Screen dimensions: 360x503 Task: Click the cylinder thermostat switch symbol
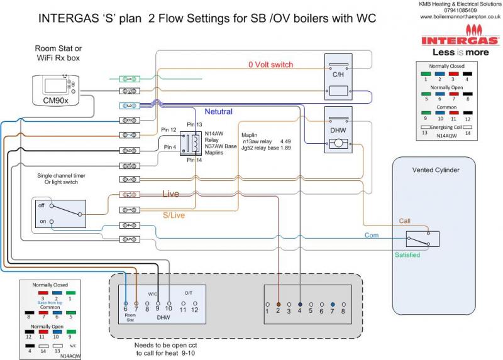coord(422,239)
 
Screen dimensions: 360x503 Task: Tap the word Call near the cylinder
coord(406,221)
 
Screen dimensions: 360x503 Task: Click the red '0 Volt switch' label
coord(270,65)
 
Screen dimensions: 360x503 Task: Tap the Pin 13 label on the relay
coord(195,126)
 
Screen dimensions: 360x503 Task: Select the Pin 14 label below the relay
coord(195,160)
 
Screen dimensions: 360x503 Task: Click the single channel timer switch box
coord(60,214)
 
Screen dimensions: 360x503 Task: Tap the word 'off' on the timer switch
coord(41,205)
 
